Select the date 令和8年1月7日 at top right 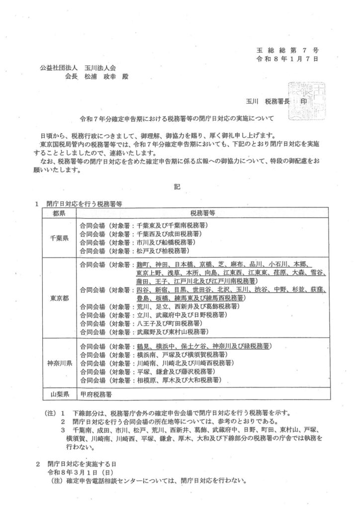(x=290, y=59)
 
